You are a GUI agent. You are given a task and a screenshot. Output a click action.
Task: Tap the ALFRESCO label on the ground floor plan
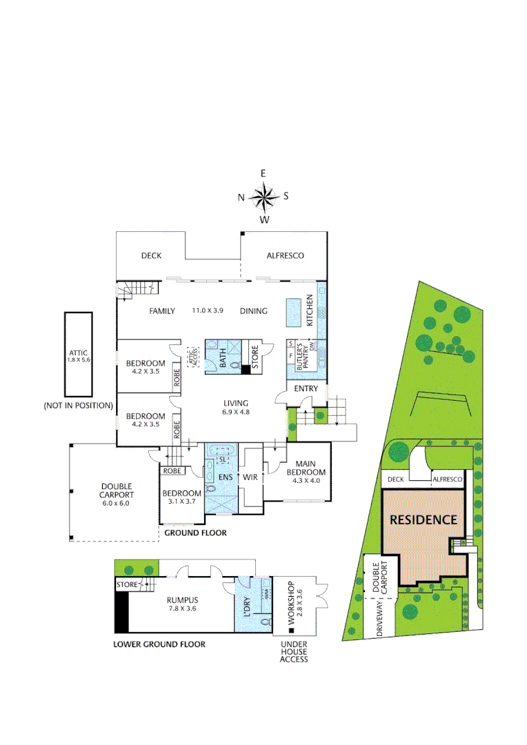tap(285, 256)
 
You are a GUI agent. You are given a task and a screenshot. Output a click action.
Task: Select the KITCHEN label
tap(310, 310)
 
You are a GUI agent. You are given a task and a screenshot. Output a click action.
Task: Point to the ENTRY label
tap(306, 389)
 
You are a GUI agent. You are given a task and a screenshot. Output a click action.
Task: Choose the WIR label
tap(250, 477)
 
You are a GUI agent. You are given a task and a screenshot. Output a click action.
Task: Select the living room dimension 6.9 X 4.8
tap(235, 413)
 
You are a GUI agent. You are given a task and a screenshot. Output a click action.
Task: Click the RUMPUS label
tap(183, 599)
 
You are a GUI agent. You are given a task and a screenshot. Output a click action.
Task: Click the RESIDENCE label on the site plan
tap(424, 520)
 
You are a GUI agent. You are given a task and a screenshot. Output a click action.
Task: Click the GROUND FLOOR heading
tap(195, 533)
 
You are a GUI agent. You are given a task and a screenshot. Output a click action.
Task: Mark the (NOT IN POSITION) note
tap(77, 405)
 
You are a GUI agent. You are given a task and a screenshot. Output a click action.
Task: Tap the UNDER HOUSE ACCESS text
tap(293, 651)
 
